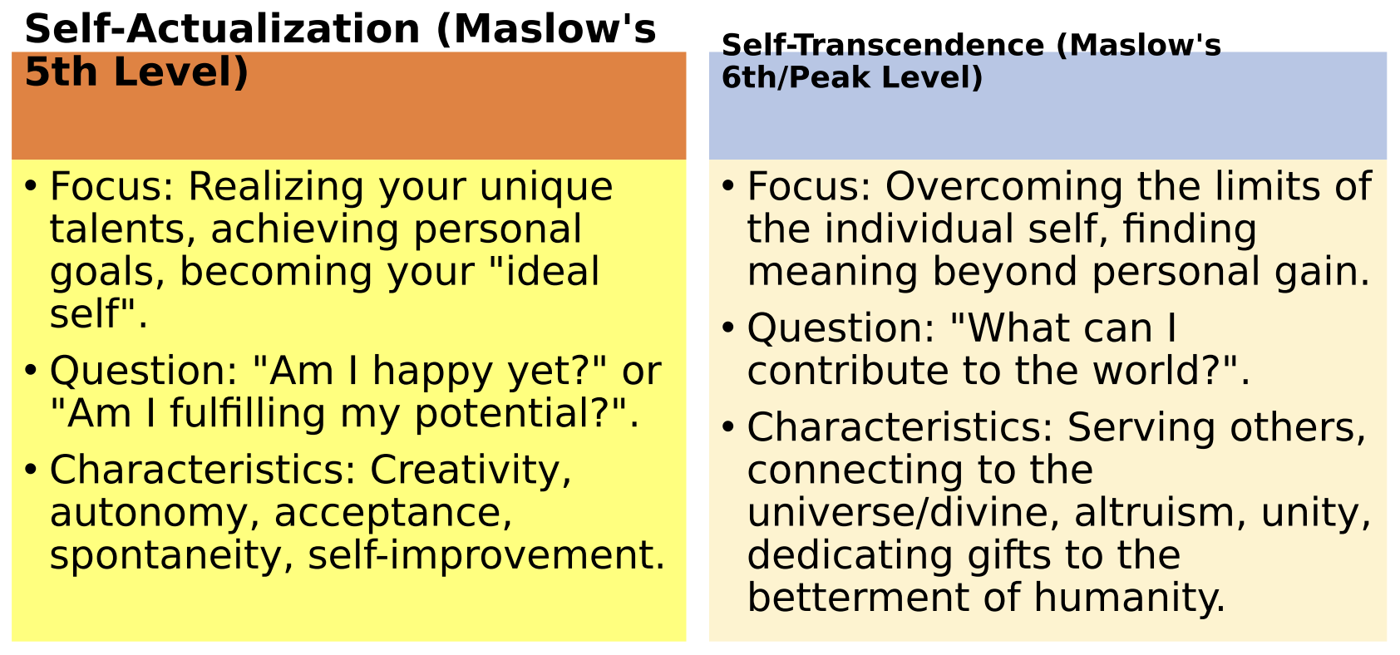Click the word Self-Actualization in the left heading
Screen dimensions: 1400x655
[x=222, y=29]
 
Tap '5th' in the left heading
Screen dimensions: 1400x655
[x=62, y=71]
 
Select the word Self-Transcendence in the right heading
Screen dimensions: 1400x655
[x=883, y=45]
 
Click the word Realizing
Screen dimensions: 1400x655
[x=277, y=187]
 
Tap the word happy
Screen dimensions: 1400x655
[x=432, y=371]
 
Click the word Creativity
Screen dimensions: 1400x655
[x=471, y=470]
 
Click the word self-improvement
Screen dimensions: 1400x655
[x=486, y=555]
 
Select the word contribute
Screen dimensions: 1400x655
[x=847, y=371]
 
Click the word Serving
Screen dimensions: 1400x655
[x=1141, y=427]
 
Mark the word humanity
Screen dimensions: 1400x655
[x=1129, y=598]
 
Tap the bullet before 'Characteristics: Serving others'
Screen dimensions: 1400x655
[x=727, y=427]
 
